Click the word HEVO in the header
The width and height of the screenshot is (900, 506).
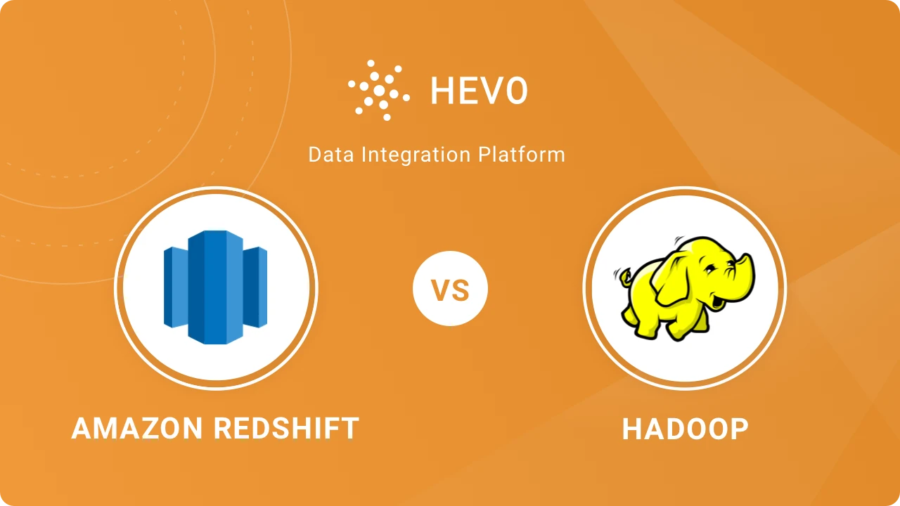(479, 91)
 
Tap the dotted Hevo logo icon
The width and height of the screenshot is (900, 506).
(378, 90)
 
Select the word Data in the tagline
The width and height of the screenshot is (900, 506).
(330, 155)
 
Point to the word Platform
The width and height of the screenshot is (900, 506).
(522, 155)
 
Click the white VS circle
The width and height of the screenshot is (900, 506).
(450, 290)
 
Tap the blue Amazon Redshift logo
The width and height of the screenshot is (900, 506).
(216, 287)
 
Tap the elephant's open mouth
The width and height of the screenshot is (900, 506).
(717, 302)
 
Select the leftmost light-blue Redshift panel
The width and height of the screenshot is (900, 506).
(174, 287)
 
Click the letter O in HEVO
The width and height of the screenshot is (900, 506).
(515, 91)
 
